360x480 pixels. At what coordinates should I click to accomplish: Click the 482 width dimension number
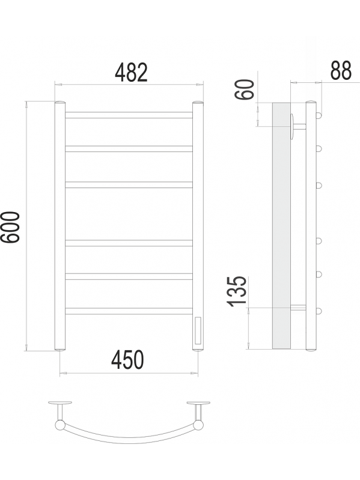pos(131,72)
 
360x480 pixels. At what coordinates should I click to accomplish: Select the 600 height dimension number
pos(10,227)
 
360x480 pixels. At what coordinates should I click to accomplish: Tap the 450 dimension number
pos(127,360)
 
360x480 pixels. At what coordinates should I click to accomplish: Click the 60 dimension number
pos(245,89)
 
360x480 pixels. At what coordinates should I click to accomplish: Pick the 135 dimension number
pos(237,291)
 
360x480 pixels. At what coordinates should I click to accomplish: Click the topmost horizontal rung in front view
pos(129,115)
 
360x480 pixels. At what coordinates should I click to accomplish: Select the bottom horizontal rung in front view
pos(129,311)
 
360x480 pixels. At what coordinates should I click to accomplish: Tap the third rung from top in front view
pos(129,184)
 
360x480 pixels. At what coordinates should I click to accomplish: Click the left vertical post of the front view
pos(60,226)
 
